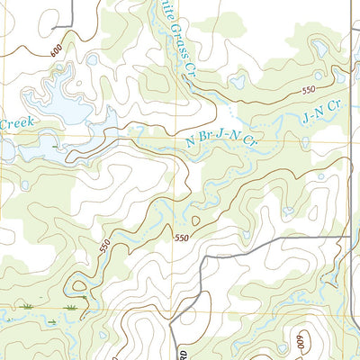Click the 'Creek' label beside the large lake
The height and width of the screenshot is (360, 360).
(x=15, y=123)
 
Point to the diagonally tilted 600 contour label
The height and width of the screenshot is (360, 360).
(x=58, y=51)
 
